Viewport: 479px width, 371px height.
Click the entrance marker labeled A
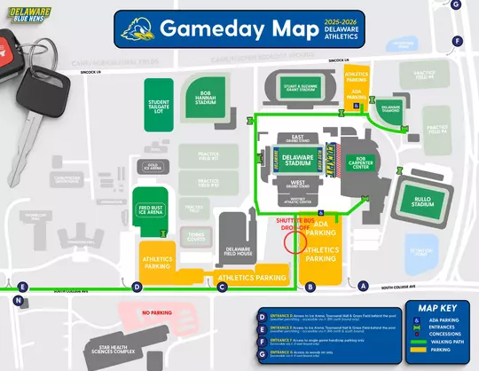tap(362, 286)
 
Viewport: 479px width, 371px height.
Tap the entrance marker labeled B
tap(310, 287)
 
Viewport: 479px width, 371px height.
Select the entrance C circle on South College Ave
tap(223, 286)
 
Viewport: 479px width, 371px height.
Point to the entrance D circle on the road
tap(137, 287)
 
